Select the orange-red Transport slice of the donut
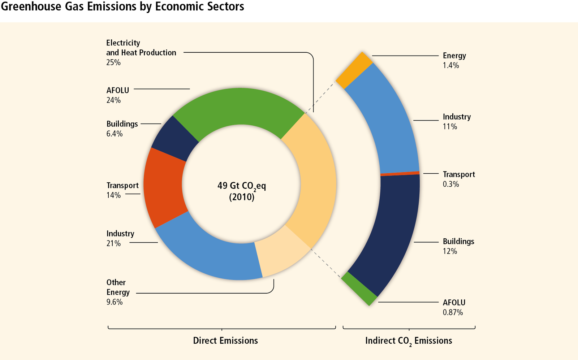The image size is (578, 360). [x=164, y=188]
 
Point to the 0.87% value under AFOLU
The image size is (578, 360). [x=453, y=312]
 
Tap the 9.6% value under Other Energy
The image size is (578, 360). [x=115, y=302]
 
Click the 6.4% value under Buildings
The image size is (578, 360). [x=115, y=134]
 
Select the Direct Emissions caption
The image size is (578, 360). [x=225, y=341]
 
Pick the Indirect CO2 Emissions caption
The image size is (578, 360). [x=409, y=341]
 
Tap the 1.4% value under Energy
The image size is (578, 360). [x=451, y=65]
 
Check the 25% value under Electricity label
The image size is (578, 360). [x=113, y=62]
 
